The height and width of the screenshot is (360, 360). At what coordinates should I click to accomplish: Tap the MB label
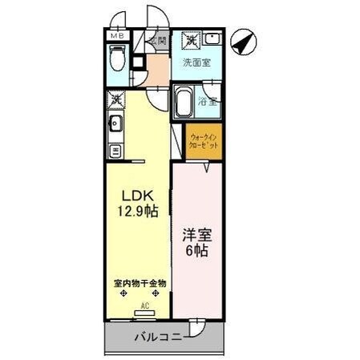(116, 36)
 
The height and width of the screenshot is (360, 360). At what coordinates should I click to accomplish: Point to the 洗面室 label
(196, 62)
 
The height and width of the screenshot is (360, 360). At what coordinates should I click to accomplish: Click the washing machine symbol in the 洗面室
(193, 39)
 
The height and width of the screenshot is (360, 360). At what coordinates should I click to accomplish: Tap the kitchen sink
(115, 123)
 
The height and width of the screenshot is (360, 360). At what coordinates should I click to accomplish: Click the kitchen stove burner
(115, 150)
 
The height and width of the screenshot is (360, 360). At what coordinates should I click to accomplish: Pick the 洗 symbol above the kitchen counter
(116, 100)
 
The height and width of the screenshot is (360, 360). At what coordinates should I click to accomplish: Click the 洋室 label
(198, 237)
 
